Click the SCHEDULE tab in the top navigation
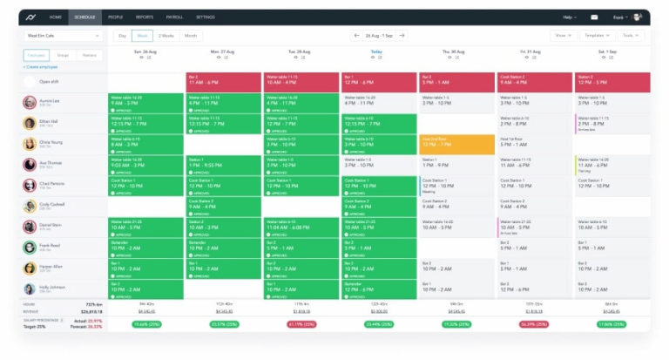pos(85,17)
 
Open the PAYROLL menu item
pos(175,17)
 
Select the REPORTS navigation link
pos(145,17)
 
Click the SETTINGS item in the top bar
pos(206,17)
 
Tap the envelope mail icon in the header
pos(594,17)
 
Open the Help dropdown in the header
pos(570,17)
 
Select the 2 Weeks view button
pos(166,36)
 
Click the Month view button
pos(190,36)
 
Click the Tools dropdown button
pos(629,36)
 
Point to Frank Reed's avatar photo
pos(30,248)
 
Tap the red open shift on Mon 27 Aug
pos(223,82)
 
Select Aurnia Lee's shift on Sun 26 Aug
pos(145,103)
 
